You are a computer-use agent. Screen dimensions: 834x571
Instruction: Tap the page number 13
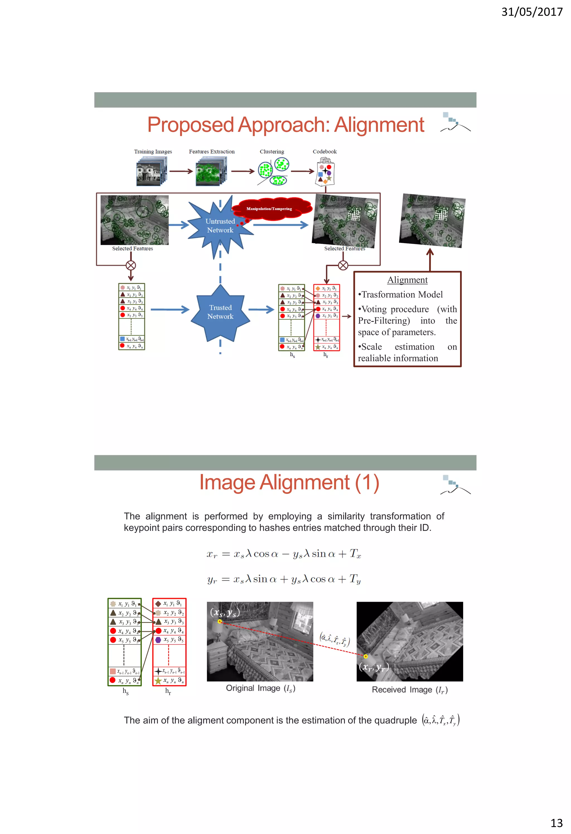(x=556, y=823)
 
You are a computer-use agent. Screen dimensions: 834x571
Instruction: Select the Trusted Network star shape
(x=220, y=312)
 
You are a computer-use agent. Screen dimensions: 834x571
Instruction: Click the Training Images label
(x=153, y=151)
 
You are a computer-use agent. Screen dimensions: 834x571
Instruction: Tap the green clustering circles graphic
(x=273, y=171)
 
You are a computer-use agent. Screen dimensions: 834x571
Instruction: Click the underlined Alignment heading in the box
(x=407, y=280)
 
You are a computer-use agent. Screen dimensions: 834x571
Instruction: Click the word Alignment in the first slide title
(x=379, y=125)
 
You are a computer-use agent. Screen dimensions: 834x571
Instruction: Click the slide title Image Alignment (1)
(x=289, y=483)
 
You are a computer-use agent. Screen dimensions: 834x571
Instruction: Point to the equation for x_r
(x=283, y=554)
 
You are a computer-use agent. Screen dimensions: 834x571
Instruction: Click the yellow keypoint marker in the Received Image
(x=366, y=656)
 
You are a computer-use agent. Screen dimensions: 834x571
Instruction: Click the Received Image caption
(x=410, y=690)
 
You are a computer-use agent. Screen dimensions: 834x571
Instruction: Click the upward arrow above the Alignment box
(x=430, y=258)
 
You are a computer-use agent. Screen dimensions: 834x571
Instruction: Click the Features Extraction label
(x=212, y=151)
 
